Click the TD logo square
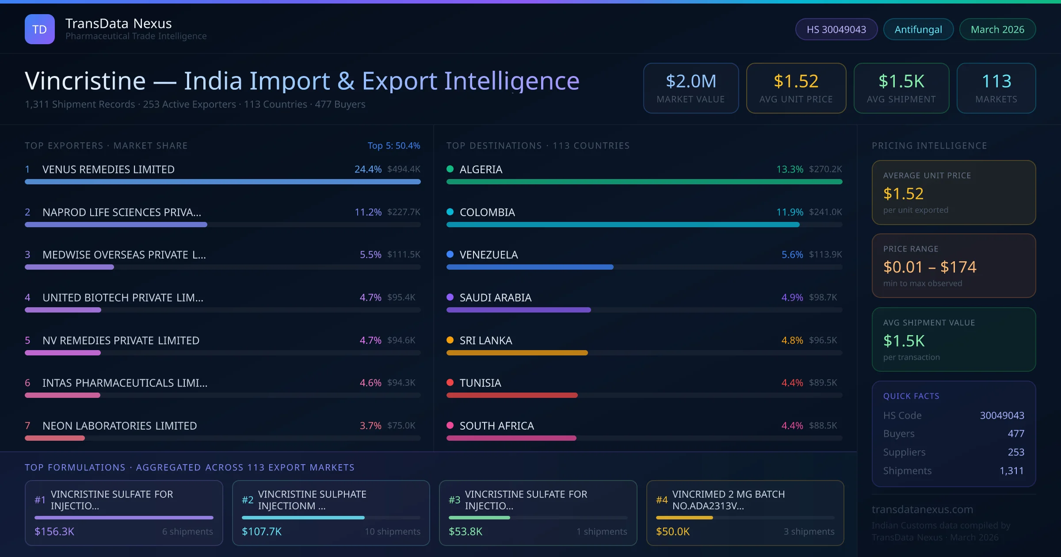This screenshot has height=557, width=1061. pos(40,29)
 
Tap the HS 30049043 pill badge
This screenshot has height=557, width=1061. pos(836,29)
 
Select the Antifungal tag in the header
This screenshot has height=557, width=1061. pos(918,29)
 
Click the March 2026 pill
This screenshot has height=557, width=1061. pos(997,29)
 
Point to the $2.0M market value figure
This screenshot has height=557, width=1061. pos(691,81)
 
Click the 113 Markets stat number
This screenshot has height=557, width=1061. pos(996,81)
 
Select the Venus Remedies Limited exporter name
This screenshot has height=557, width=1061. pos(108,169)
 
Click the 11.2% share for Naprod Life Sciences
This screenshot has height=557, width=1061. pos(368,212)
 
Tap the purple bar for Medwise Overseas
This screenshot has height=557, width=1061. pos(69,267)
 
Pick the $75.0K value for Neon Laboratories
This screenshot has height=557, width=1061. pos(401,425)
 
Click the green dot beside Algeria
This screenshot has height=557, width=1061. pos(450,169)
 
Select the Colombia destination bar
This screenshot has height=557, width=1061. pos(622,225)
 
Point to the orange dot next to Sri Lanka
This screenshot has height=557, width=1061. pos(450,340)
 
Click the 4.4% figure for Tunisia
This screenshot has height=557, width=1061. pos(792,383)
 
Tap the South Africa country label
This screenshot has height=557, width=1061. pos(496,426)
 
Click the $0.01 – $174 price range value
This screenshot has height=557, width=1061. pos(929,267)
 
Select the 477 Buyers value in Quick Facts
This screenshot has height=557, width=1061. pos(1015,434)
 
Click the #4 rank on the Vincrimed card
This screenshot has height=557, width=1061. pos(661,500)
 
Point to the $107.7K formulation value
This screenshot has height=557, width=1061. pos(261,531)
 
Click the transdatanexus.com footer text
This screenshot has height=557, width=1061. pos(922,509)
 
